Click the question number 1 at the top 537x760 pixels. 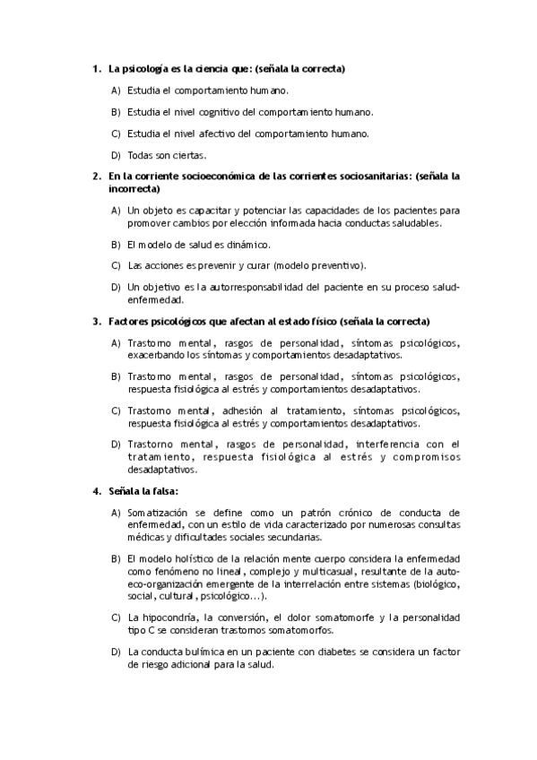click(96, 69)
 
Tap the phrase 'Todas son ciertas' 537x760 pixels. click(161, 155)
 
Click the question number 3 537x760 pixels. click(96, 321)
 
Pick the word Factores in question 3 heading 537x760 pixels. click(129, 321)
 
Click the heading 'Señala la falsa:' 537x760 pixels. click(143, 491)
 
